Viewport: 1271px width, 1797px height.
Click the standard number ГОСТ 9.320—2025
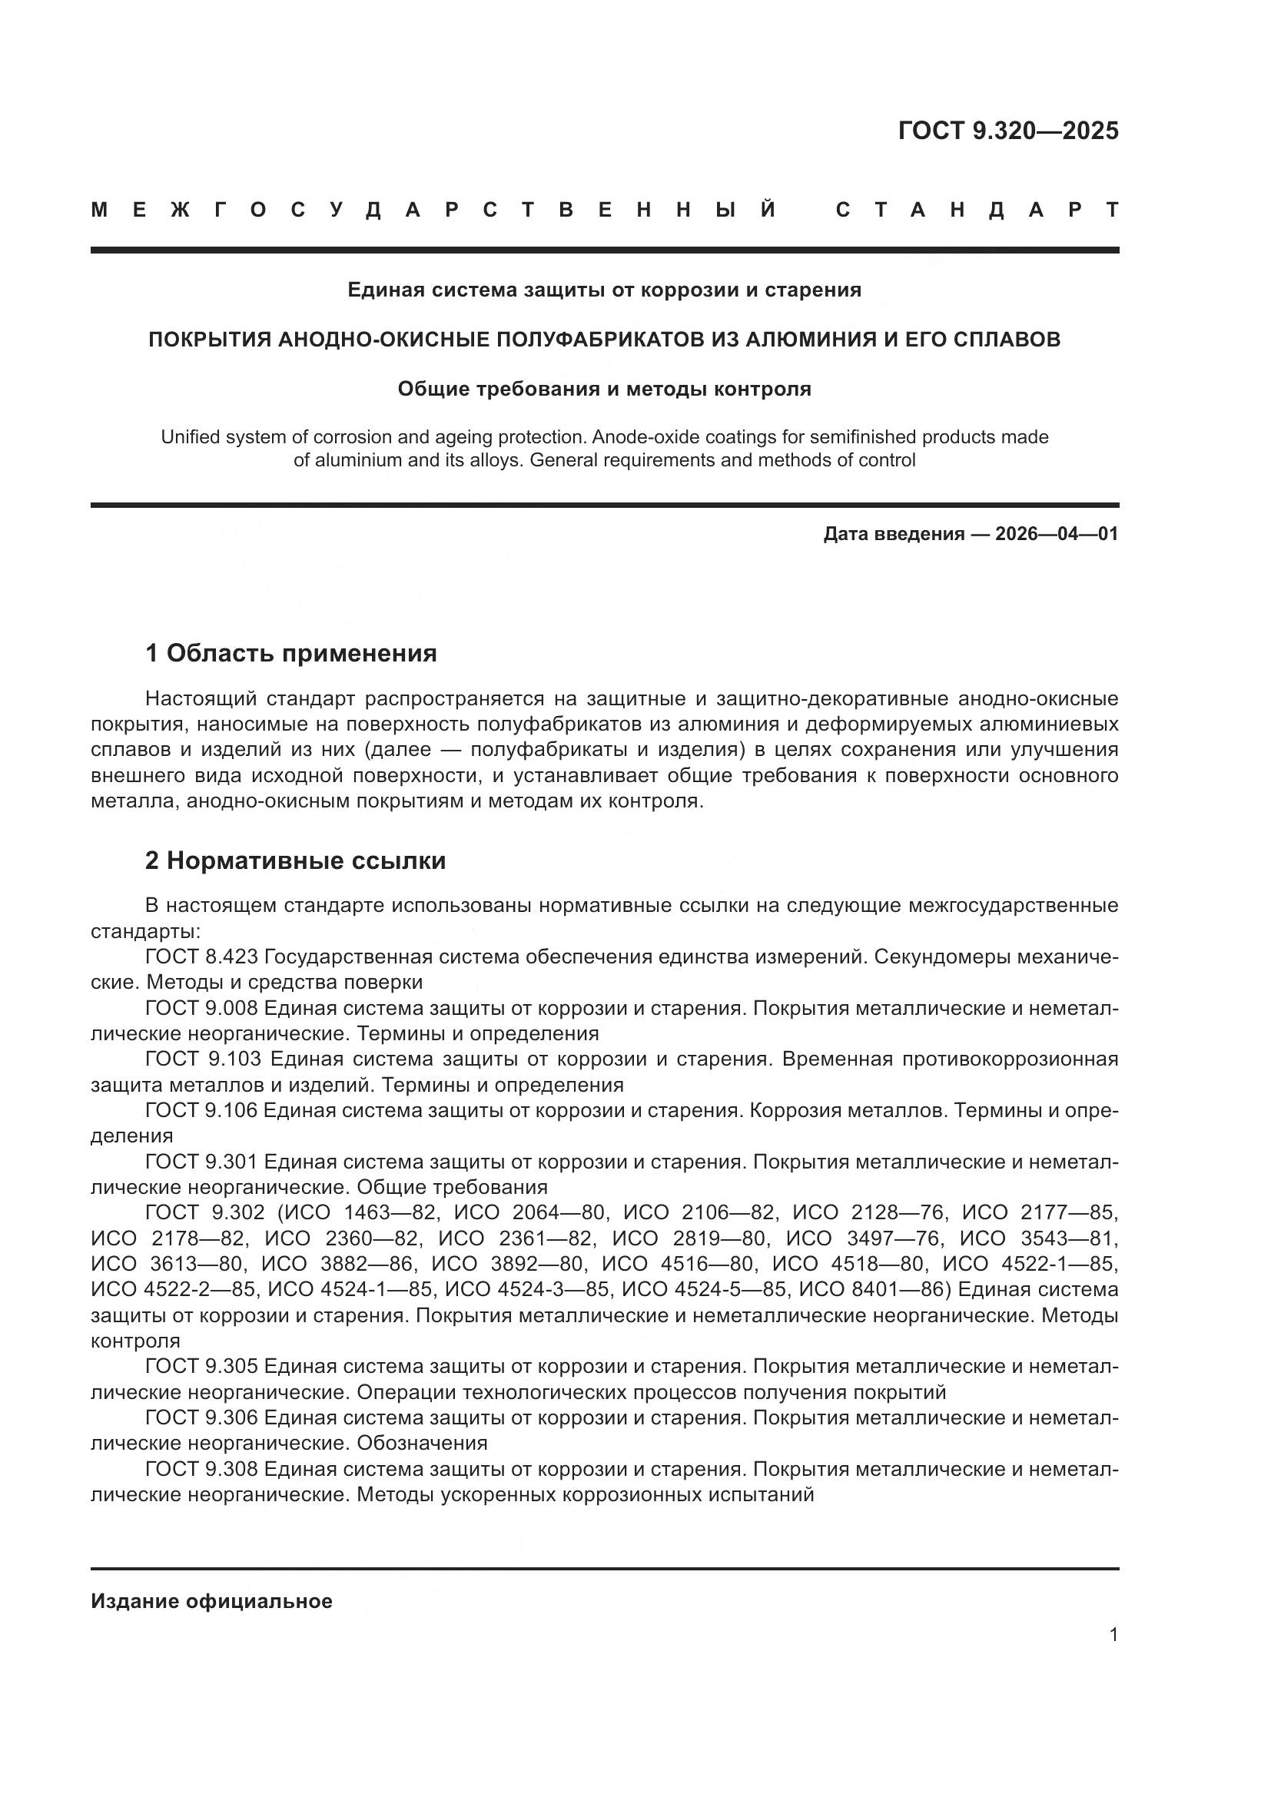coord(1008,131)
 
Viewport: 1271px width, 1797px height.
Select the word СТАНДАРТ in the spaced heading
coord(977,210)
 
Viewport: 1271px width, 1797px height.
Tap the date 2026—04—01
coord(1056,534)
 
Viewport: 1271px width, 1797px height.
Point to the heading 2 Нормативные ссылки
coord(295,860)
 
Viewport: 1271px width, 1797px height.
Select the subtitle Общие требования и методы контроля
coord(604,388)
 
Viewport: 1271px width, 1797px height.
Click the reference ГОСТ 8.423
coord(201,957)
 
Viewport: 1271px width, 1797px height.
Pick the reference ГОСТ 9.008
coord(201,1007)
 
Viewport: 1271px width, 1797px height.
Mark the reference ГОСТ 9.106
coord(201,1110)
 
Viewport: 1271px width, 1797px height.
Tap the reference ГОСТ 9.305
coord(201,1366)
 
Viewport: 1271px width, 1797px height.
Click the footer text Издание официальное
coord(211,1600)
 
